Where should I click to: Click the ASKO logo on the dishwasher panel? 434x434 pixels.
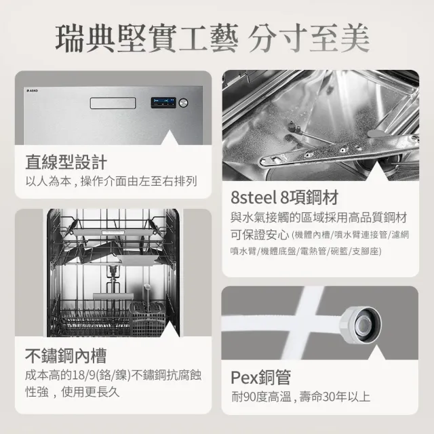[x=32, y=90]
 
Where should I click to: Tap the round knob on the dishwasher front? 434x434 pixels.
[x=183, y=102]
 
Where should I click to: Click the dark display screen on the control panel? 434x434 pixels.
[x=163, y=102]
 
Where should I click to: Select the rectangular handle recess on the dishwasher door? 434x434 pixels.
[x=113, y=103]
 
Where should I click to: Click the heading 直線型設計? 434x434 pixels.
[x=66, y=163]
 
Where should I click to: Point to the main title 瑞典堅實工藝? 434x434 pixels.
[x=146, y=38]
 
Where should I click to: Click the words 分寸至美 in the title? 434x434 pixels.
[x=309, y=38]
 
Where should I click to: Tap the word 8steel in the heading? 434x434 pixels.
[x=254, y=197]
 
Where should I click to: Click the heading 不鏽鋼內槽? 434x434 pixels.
[x=66, y=356]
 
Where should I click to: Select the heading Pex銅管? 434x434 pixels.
[x=260, y=377]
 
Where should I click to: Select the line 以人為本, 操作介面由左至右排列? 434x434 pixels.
[x=111, y=181]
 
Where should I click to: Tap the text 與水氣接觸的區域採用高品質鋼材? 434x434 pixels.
[x=319, y=218]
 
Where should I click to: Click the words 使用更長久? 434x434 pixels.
[x=90, y=392]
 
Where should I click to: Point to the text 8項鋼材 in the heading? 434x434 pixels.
[x=309, y=197]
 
